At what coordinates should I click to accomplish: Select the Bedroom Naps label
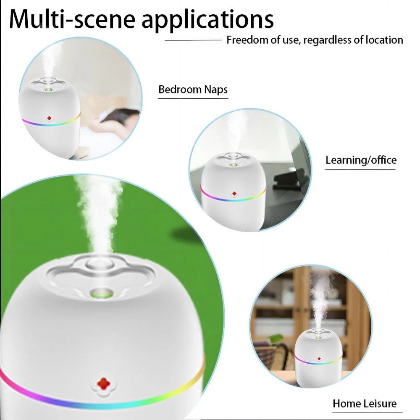(x=193, y=89)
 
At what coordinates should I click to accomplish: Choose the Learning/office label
(x=361, y=160)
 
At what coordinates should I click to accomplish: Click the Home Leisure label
(x=364, y=404)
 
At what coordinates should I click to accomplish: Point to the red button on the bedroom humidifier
(x=49, y=119)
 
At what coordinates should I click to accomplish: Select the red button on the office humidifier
(x=234, y=193)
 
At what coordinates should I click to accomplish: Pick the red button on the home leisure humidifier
(x=319, y=359)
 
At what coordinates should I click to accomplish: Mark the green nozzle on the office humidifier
(x=232, y=165)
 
